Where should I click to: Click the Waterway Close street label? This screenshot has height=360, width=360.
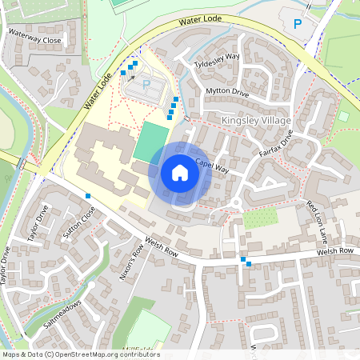point(34,37)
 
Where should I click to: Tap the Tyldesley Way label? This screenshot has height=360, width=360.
point(218,58)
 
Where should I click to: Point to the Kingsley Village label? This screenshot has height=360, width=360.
point(255,120)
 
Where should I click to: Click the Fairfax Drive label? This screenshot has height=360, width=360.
point(277,142)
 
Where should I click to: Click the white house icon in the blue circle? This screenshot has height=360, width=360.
point(180,174)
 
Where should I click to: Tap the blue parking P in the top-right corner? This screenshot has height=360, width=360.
point(298,24)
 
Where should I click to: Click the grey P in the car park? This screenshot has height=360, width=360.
point(146,83)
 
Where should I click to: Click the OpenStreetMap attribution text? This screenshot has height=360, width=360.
point(81,354)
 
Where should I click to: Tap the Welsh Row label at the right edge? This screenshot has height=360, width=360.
point(334,252)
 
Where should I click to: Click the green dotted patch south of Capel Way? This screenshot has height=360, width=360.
point(259,218)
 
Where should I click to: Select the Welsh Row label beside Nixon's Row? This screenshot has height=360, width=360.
point(161,249)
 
